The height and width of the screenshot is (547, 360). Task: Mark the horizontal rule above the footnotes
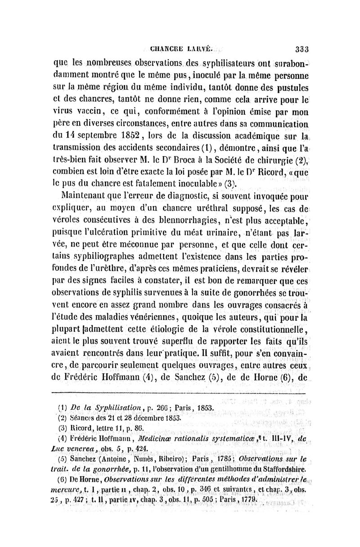[183, 384]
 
